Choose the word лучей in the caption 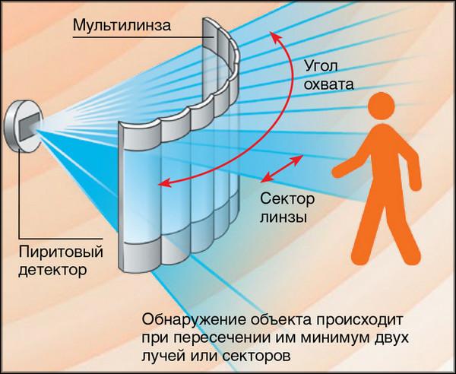point(161,354)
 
